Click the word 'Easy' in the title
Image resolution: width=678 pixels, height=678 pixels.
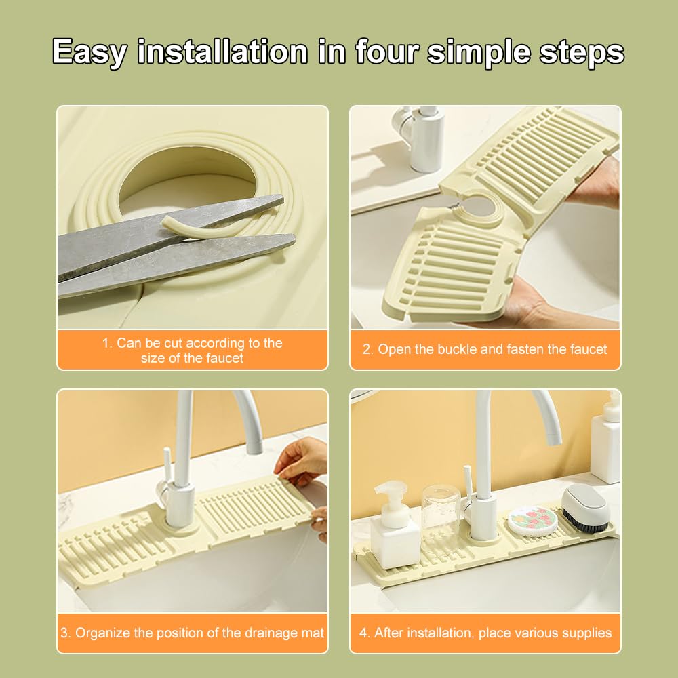pos(89,52)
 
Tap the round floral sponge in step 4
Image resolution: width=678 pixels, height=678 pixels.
pos(532,521)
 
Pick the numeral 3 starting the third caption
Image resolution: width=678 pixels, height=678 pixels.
pos(64,633)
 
